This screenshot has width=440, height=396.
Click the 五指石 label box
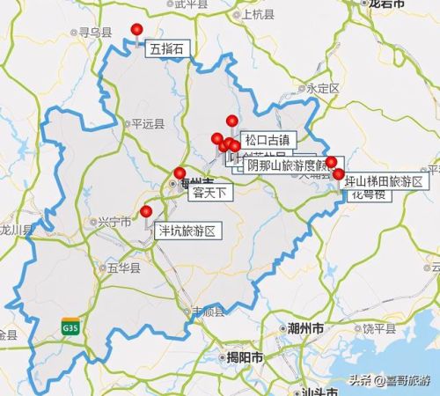(x=166, y=49)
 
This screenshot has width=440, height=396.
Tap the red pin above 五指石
(x=136, y=30)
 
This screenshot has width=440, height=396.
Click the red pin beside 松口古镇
(x=232, y=121)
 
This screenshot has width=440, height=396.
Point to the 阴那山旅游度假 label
(x=287, y=164)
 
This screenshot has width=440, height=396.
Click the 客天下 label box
(x=209, y=191)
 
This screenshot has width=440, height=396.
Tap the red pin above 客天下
(x=180, y=172)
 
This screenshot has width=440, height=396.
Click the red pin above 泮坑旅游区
(x=146, y=211)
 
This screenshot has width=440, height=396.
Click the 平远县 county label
(x=147, y=124)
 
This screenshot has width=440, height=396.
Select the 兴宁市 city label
(x=115, y=221)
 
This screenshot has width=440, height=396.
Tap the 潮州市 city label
(x=305, y=327)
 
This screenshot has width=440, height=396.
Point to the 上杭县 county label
(x=258, y=14)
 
